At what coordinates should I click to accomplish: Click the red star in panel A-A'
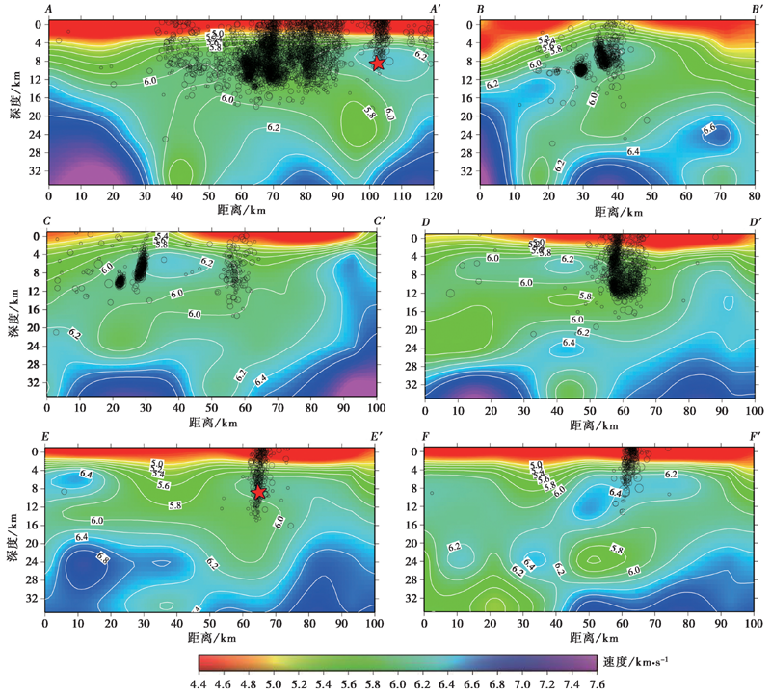tap(378, 63)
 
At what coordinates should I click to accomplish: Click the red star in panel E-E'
tap(259, 492)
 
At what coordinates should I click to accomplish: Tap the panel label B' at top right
tap(757, 9)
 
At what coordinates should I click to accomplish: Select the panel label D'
tap(756, 223)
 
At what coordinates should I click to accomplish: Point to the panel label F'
tap(756, 437)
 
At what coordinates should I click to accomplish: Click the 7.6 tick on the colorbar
tap(598, 684)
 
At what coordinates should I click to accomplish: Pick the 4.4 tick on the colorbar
tap(199, 684)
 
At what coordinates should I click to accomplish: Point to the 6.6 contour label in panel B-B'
tap(709, 128)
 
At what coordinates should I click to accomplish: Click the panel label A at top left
tap(47, 9)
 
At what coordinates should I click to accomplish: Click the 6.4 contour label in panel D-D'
tap(569, 342)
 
